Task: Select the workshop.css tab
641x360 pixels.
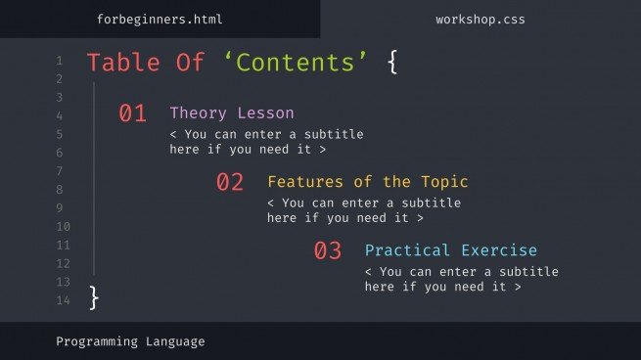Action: (x=480, y=19)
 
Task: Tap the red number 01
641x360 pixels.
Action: (x=132, y=113)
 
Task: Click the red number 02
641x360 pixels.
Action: (x=230, y=182)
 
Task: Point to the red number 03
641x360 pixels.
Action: (x=328, y=250)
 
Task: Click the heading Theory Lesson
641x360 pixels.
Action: (x=231, y=112)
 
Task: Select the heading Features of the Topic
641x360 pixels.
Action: (x=367, y=181)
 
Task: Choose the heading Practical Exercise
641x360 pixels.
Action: (x=450, y=249)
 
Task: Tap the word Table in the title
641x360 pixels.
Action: (x=125, y=63)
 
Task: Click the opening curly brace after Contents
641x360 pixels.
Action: (x=392, y=63)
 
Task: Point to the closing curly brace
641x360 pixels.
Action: (x=94, y=297)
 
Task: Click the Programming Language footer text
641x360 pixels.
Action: (x=130, y=341)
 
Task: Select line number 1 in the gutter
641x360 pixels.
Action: (x=60, y=61)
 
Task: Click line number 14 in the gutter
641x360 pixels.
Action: (x=63, y=300)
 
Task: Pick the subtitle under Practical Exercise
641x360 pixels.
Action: (x=461, y=279)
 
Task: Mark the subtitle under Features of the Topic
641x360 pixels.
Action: (x=363, y=210)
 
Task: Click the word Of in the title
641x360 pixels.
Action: (x=191, y=63)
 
